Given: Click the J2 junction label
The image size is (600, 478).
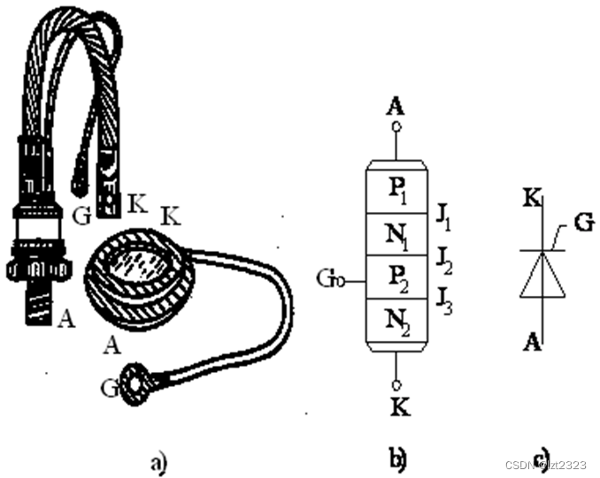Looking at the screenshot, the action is (x=446, y=257).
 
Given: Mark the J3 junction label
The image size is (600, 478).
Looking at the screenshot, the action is (x=446, y=302).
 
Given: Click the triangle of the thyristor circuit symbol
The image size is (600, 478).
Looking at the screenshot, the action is (x=540, y=277).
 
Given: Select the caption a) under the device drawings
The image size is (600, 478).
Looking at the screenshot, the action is (x=158, y=460).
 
